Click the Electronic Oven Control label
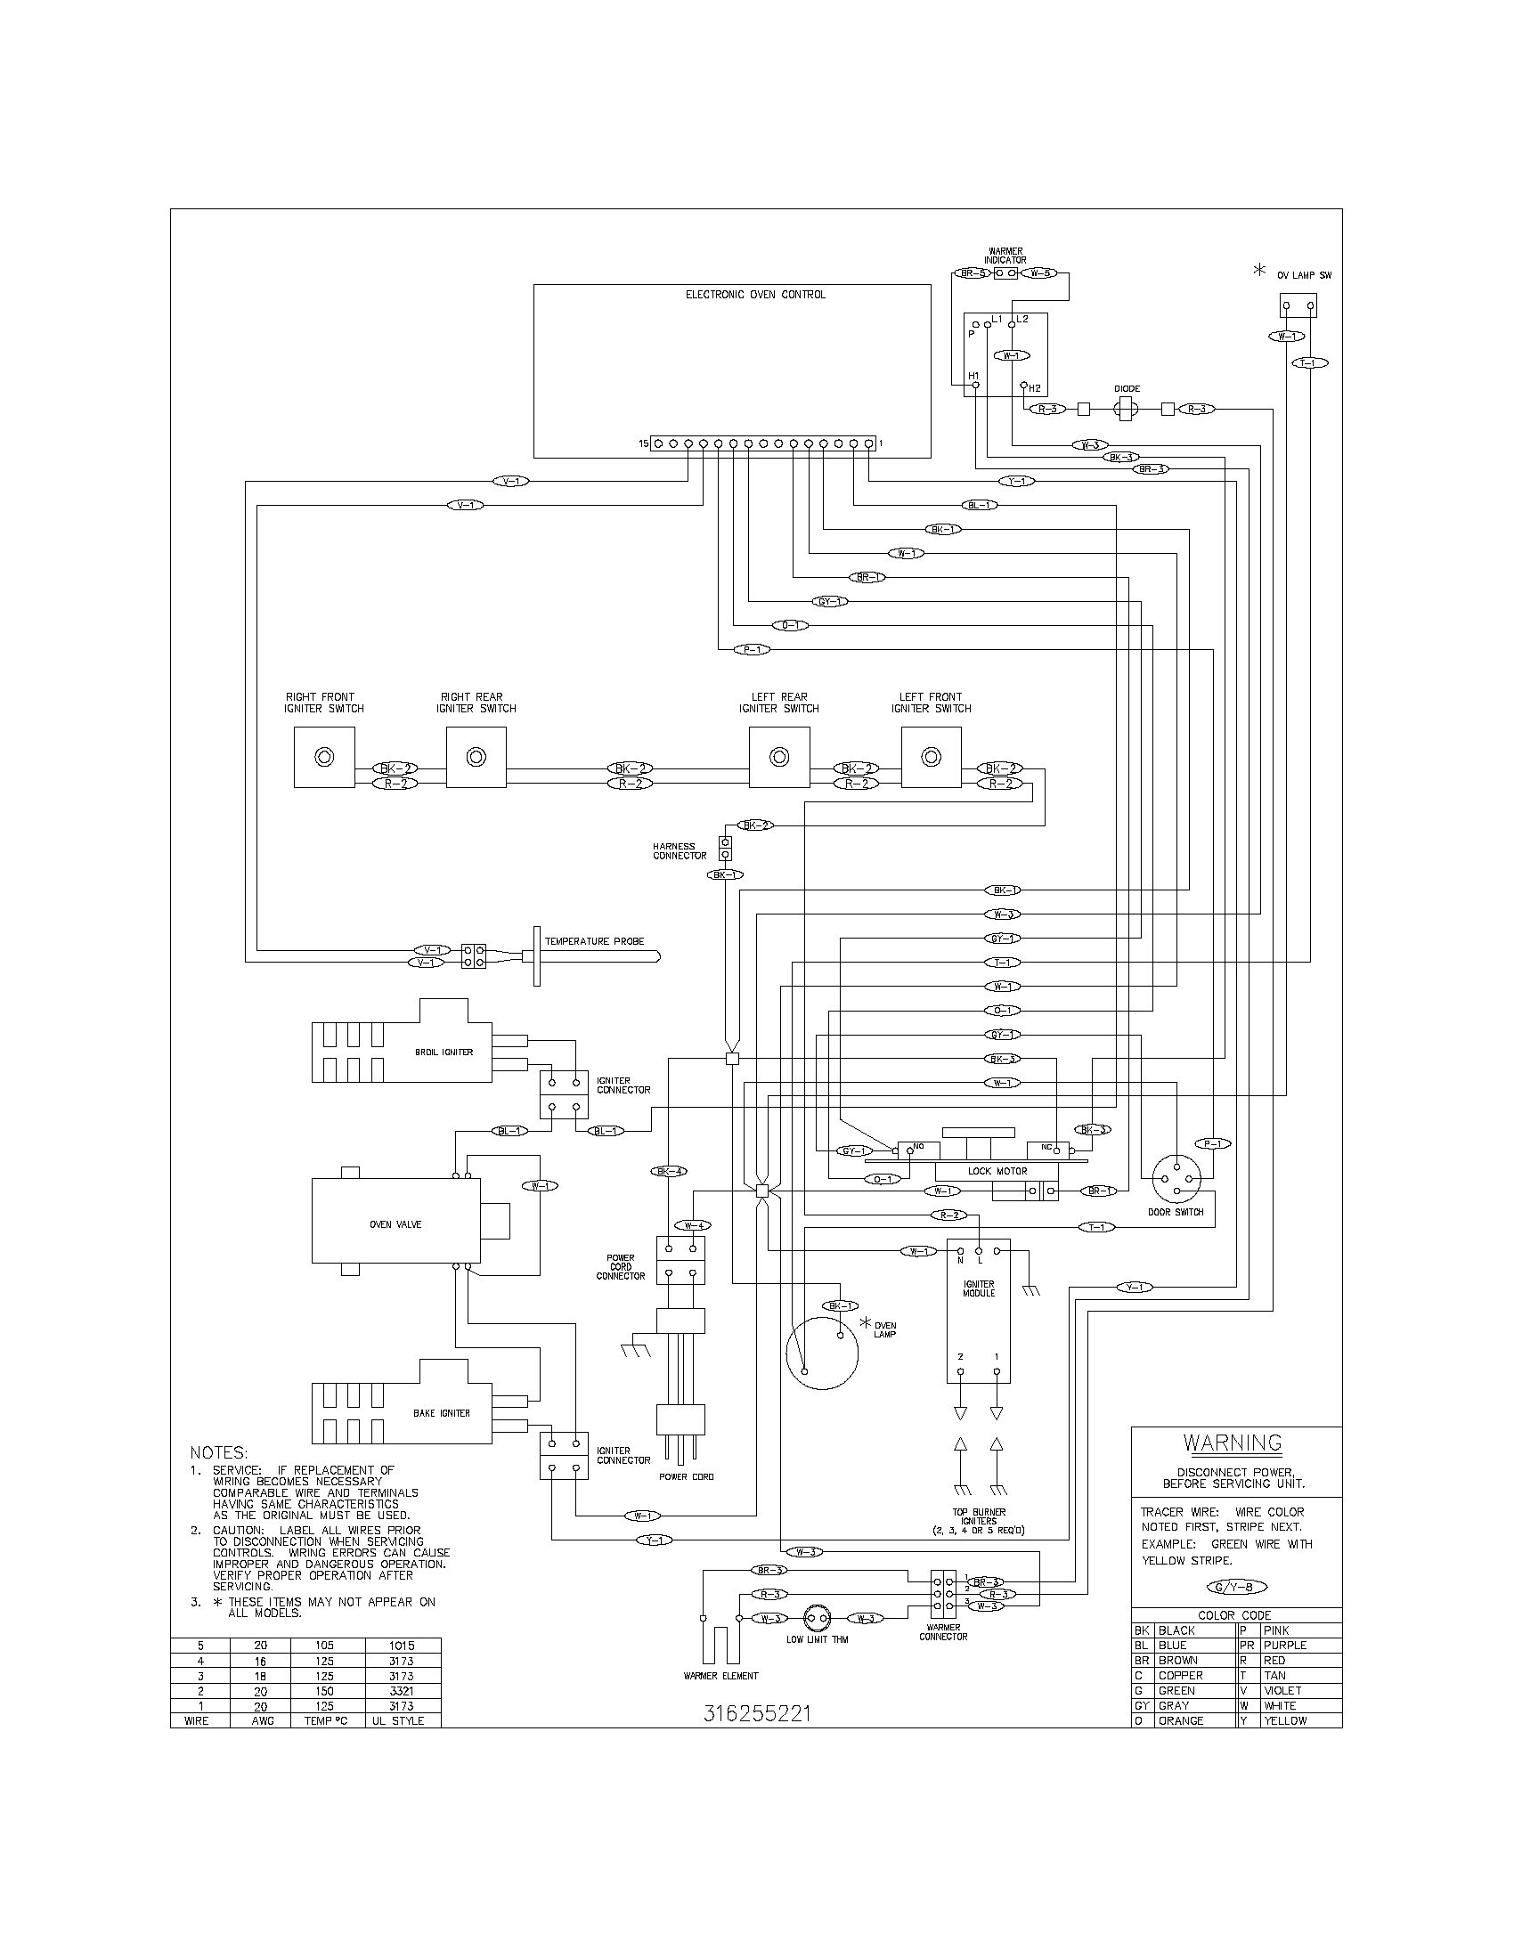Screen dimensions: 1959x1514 (x=755, y=294)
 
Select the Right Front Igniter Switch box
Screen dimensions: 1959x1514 (x=324, y=757)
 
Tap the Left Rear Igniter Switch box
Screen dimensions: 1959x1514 (x=779, y=757)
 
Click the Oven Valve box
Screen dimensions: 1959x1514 (x=395, y=1223)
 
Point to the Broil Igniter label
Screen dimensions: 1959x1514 (x=444, y=1053)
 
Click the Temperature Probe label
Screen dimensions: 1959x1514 (x=595, y=942)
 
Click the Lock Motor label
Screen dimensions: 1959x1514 (x=997, y=1172)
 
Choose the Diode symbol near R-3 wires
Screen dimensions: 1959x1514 (x=1127, y=409)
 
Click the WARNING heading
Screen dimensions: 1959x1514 (x=1232, y=1443)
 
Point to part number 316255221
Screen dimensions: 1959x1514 (x=757, y=1714)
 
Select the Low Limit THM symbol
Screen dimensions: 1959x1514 (x=817, y=1619)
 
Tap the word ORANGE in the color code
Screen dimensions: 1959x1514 (x=1180, y=1721)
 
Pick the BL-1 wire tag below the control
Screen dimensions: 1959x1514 (x=979, y=505)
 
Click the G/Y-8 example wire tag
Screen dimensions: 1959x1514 (x=1235, y=1588)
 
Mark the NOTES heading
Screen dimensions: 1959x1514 (x=219, y=1452)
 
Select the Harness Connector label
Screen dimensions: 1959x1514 (x=679, y=850)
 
